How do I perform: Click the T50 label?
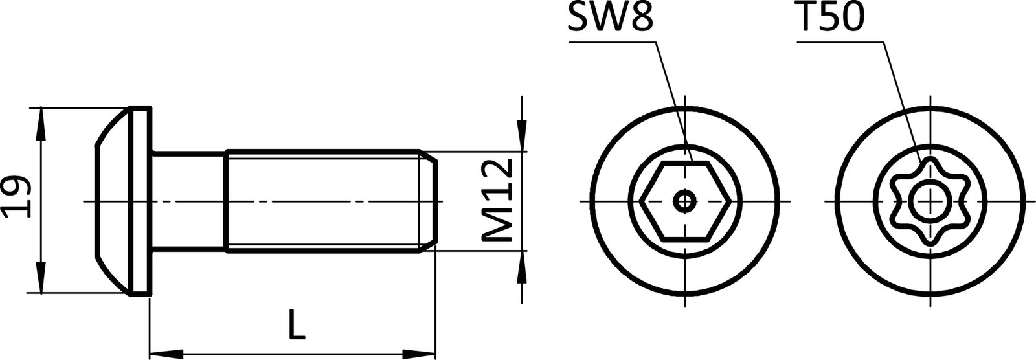(830, 19)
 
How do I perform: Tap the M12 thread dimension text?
(499, 202)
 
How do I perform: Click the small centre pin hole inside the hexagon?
(685, 201)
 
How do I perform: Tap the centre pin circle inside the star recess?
(930, 202)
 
